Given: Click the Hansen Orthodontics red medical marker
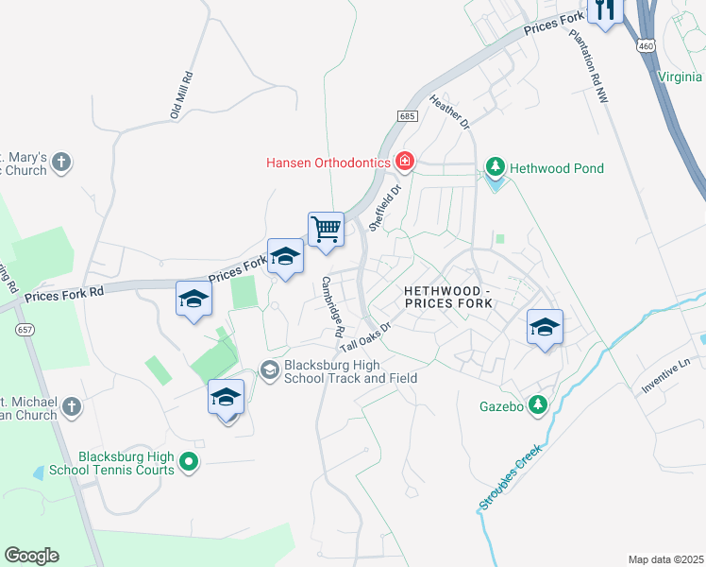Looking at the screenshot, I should coord(405,162).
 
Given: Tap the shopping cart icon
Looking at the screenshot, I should coord(326,229).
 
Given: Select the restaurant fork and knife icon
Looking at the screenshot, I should coord(605,9).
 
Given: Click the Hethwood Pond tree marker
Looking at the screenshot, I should coord(495,168).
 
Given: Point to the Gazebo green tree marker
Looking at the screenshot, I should coord(537,404).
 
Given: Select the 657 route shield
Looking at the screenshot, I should coord(24,328).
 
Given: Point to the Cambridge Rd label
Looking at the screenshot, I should coord(331,306).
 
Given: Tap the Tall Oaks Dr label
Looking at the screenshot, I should coord(365,331).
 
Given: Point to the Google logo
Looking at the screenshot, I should coord(31,556).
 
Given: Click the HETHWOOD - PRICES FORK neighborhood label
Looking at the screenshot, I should coord(447,296).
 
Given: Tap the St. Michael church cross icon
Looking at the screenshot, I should coord(72,409).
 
